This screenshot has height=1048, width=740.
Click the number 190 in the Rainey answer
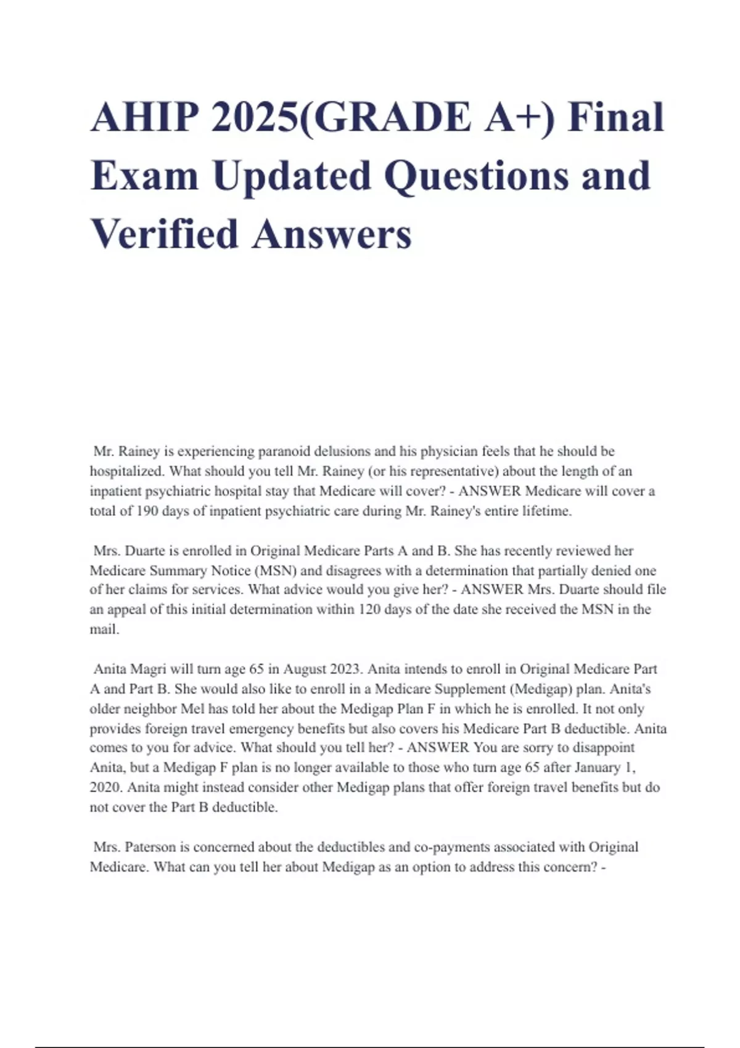point(146,511)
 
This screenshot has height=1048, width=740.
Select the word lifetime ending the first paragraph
point(547,511)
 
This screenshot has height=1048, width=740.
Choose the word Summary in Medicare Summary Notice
point(178,571)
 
